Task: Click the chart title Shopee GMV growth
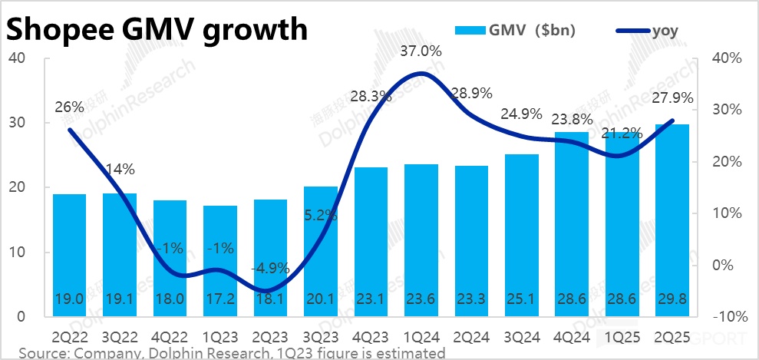click(157, 30)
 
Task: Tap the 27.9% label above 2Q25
click(673, 98)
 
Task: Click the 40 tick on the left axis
click(17, 58)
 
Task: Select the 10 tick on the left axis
click(17, 252)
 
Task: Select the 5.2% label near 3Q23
click(321, 216)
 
